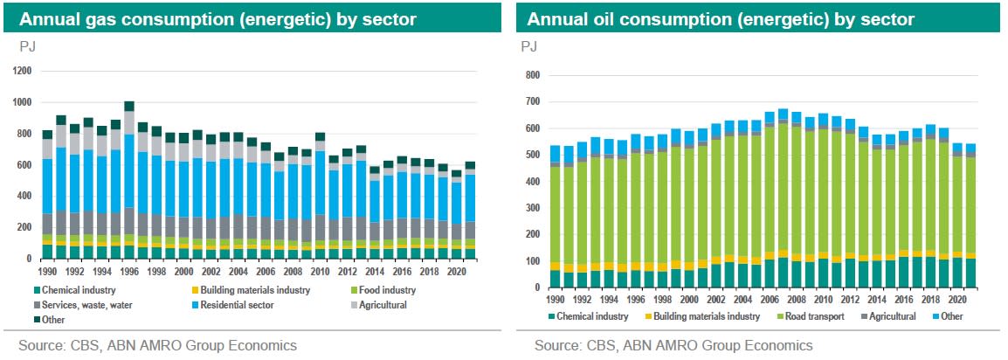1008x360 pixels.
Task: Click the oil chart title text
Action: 721,18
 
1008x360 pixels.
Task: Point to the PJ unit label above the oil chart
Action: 529,45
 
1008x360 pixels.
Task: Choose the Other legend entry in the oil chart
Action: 949,315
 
